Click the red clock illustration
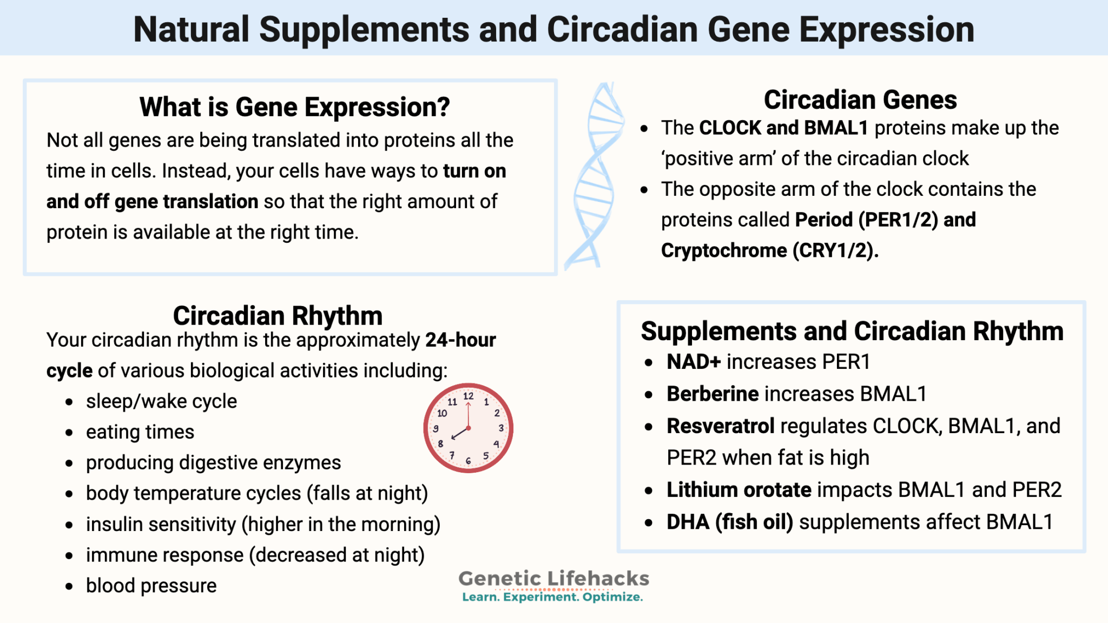[x=468, y=428]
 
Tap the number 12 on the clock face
[x=469, y=396]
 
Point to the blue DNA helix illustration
[x=594, y=176]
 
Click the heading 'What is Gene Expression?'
[x=294, y=107]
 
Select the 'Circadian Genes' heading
[x=860, y=100]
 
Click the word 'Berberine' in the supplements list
[x=712, y=394]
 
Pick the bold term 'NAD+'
[x=694, y=362]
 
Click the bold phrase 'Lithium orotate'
[x=738, y=490]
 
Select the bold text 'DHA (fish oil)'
[x=729, y=522]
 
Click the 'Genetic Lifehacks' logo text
[x=553, y=578]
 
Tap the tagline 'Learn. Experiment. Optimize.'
[x=552, y=597]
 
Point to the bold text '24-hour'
[x=460, y=340]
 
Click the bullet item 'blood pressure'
[x=151, y=586]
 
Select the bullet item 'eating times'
[x=140, y=432]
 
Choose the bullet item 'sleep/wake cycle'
[x=161, y=401]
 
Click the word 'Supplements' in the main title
[x=364, y=30]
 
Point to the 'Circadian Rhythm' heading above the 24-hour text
[x=278, y=316]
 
